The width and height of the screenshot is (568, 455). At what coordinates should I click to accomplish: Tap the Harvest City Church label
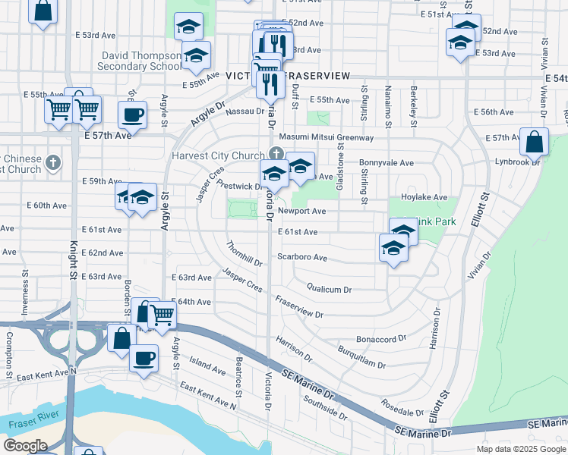[216, 156]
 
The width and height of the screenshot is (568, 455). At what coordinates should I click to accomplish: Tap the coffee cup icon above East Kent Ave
[143, 358]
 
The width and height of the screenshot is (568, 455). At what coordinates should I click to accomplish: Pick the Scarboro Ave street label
[302, 258]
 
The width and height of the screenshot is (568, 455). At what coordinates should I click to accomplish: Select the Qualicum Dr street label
[329, 289]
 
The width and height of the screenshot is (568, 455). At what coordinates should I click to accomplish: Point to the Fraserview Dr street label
[299, 308]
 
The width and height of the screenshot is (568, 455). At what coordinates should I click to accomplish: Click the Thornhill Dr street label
[244, 254]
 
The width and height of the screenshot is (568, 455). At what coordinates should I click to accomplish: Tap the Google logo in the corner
[24, 446]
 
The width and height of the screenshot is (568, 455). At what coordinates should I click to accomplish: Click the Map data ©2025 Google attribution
[521, 449]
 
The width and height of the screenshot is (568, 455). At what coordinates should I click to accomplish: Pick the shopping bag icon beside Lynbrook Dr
[535, 142]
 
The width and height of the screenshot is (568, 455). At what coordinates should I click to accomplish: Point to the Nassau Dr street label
[245, 112]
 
